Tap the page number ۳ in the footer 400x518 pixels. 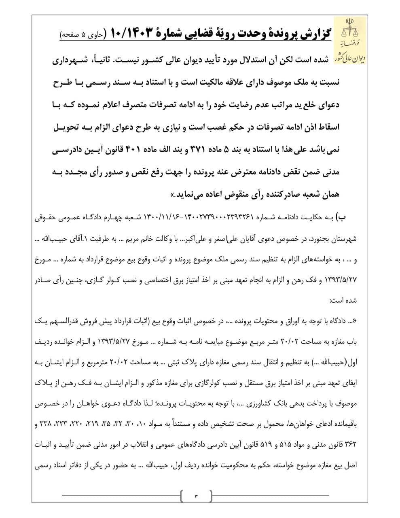[x=197, y=495]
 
